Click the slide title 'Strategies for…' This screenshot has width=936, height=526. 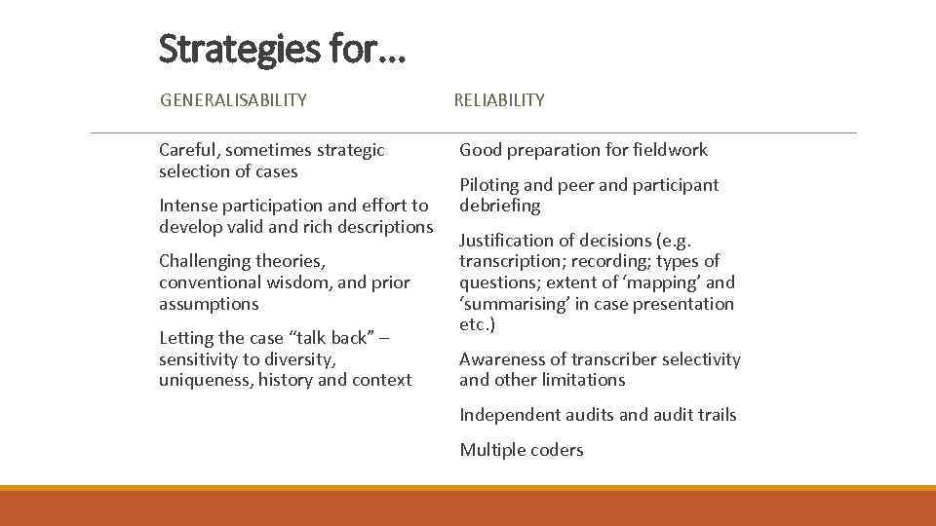[x=282, y=48]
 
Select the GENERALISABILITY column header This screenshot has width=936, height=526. [x=233, y=99]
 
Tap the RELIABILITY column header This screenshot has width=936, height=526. [x=499, y=99]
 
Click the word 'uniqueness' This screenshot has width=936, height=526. [x=202, y=380]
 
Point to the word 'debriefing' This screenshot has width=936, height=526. [x=499, y=207]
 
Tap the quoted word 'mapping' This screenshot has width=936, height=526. [x=664, y=282]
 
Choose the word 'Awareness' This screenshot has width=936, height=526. [x=499, y=359]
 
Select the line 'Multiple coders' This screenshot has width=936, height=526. [x=522, y=450]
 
